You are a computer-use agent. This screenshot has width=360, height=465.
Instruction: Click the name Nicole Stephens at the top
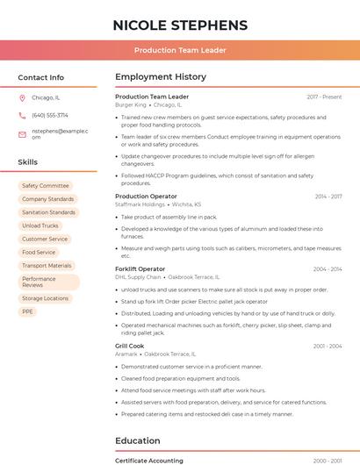[x=180, y=25]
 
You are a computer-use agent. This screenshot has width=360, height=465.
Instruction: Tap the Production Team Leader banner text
[x=180, y=50]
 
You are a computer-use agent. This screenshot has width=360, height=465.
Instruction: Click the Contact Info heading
[x=40, y=77]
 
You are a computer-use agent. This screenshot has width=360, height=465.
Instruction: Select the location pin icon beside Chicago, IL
[x=22, y=97]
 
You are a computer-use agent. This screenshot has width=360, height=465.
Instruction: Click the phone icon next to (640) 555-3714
[x=22, y=115]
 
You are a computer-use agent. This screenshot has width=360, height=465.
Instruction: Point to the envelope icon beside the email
[x=22, y=133]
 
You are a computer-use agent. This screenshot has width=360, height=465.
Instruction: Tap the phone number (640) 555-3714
[x=50, y=115]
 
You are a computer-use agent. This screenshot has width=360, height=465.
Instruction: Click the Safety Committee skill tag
[x=45, y=186]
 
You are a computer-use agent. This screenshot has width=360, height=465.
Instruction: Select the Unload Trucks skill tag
[x=40, y=225]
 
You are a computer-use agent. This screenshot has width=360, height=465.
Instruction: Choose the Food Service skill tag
[x=39, y=252]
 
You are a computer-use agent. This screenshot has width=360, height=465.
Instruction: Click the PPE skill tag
[x=28, y=311]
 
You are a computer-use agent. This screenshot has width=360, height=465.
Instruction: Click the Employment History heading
[x=161, y=77]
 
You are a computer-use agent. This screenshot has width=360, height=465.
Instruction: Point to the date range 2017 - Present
[x=324, y=97]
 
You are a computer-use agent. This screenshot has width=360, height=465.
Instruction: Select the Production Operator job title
[x=146, y=197]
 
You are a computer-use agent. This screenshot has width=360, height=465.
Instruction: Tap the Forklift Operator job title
[x=140, y=268]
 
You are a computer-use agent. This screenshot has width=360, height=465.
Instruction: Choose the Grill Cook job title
[x=131, y=346]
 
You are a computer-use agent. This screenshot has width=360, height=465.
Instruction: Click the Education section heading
[x=138, y=440]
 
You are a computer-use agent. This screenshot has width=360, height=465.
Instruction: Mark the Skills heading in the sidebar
[x=28, y=162]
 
